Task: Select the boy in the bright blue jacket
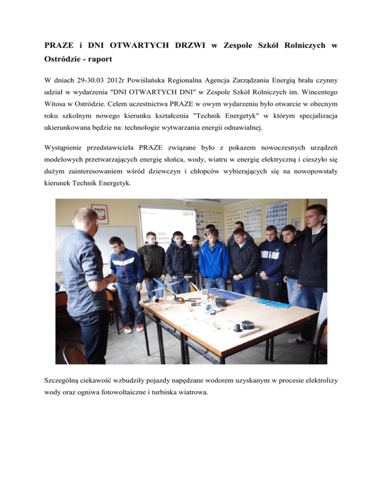(x=214, y=257)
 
